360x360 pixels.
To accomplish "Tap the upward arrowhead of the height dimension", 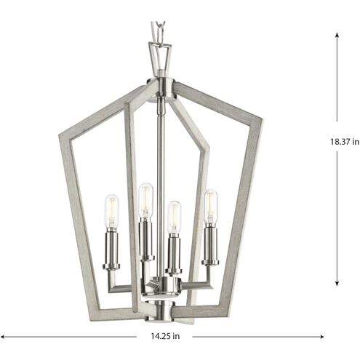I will pyautogui.click(x=337, y=34).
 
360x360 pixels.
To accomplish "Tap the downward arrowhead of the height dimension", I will pyautogui.click(x=337, y=286).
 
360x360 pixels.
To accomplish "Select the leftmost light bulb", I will pyautogui.click(x=111, y=211).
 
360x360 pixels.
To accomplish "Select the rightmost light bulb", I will pyautogui.click(x=211, y=205).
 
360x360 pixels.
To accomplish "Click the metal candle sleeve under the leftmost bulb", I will pyautogui.click(x=112, y=247).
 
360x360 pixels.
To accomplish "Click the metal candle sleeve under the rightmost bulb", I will pyautogui.click(x=211, y=244).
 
